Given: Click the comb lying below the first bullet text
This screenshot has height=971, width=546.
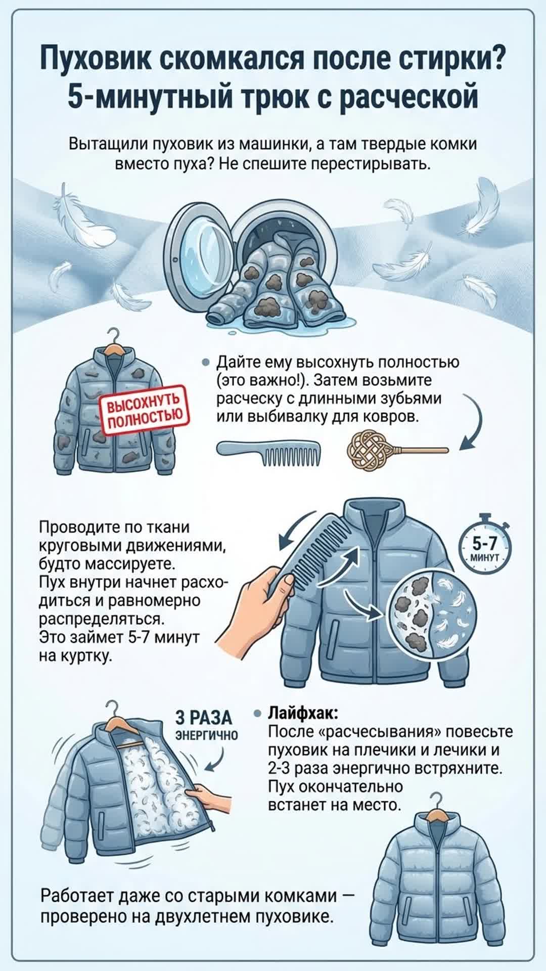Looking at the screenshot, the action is (268, 450).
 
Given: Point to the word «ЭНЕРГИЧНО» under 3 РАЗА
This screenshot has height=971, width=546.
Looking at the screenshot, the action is (206, 735).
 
